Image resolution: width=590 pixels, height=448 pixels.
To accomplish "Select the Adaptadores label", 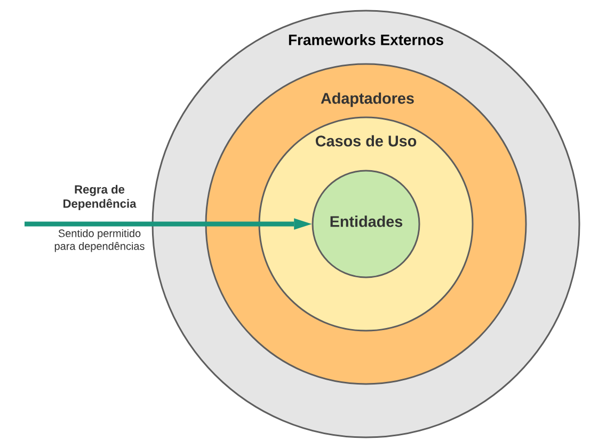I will (367, 99).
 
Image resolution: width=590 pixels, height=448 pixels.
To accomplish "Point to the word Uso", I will (402, 142).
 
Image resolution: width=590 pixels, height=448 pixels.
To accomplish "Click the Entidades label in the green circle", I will (366, 222).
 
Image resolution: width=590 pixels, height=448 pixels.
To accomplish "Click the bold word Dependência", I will (99, 204).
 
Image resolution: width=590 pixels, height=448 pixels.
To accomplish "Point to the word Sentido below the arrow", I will (75, 234).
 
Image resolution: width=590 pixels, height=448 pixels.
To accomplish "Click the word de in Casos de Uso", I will (372, 142).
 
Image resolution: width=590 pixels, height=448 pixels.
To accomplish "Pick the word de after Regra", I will (118, 190).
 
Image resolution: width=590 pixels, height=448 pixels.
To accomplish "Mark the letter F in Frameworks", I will (292, 40).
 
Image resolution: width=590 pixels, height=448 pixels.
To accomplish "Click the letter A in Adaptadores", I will (325, 99).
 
